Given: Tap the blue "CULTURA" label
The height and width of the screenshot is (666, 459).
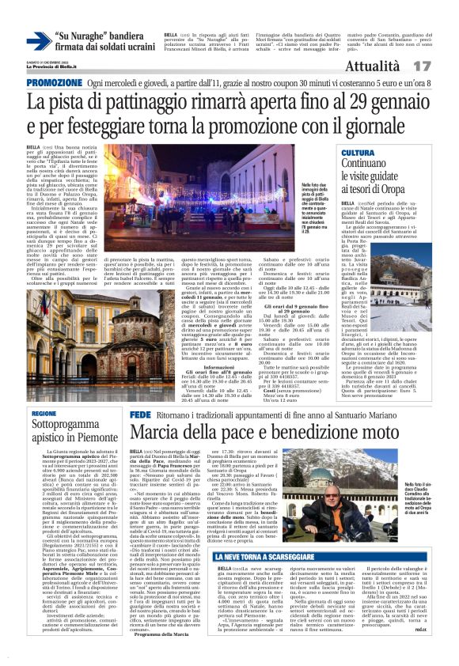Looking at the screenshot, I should point(358,152).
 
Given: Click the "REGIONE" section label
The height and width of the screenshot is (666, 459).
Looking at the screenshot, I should point(44,414).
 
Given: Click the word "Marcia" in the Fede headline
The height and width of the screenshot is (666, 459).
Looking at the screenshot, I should point(155,433).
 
